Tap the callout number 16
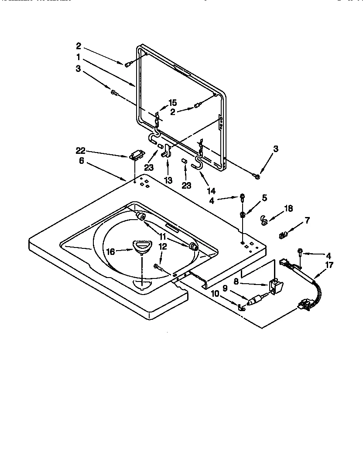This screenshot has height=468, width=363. [111, 251]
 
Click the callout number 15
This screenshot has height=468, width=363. [172, 103]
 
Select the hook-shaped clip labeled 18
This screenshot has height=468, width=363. [263, 220]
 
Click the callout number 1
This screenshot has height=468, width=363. [78, 57]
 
